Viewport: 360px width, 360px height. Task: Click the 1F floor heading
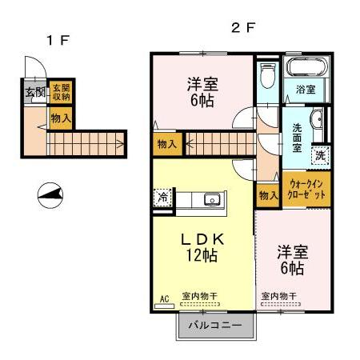pyautogui.click(x=58, y=40)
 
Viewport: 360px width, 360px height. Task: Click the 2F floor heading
pyautogui.click(x=243, y=27)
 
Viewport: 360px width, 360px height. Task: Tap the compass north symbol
pyautogui.click(x=50, y=195)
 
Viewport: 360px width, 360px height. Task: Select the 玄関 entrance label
pyautogui.click(x=35, y=92)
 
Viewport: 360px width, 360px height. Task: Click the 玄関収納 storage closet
pyautogui.click(x=61, y=92)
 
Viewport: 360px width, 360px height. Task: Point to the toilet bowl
pyautogui.click(x=267, y=75)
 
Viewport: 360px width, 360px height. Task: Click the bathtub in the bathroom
pyautogui.click(x=306, y=67)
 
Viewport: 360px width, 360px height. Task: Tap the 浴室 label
pyautogui.click(x=306, y=90)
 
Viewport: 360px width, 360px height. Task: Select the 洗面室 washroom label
pyautogui.click(x=297, y=138)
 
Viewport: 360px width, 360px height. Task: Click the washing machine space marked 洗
pyautogui.click(x=321, y=155)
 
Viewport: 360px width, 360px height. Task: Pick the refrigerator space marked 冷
pyautogui.click(x=162, y=198)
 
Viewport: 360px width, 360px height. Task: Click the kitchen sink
pyautogui.click(x=212, y=199)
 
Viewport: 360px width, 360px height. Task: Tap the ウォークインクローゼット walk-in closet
pyautogui.click(x=306, y=189)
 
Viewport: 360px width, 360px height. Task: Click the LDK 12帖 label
pyautogui.click(x=202, y=247)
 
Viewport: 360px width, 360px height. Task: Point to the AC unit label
pyautogui.click(x=165, y=299)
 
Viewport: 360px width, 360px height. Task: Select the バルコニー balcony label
pyautogui.click(x=215, y=325)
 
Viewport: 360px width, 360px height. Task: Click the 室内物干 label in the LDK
pyautogui.click(x=200, y=296)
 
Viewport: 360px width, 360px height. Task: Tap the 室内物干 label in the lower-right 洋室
pyautogui.click(x=279, y=296)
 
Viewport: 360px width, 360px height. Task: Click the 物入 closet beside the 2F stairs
pyautogui.click(x=168, y=144)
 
